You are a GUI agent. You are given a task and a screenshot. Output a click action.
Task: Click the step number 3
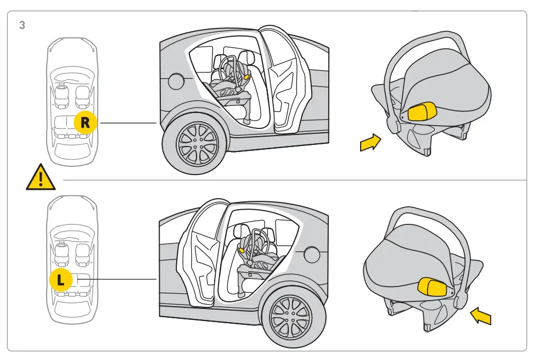pyautogui.click(x=22, y=25)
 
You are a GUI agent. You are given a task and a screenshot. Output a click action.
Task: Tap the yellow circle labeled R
pyautogui.click(x=85, y=123)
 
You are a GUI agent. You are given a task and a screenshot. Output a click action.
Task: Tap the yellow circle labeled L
pyautogui.click(x=61, y=279)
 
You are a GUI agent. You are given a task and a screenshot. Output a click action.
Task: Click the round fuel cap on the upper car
pyautogui.click(x=176, y=81)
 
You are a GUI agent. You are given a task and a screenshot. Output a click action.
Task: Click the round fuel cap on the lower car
pyautogui.click(x=312, y=255)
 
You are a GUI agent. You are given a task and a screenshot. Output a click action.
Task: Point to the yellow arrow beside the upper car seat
pyautogui.click(x=370, y=143)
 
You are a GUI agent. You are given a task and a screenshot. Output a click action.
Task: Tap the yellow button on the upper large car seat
pyautogui.click(x=422, y=111)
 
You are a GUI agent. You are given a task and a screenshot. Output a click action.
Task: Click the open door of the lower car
pyautogui.click(x=200, y=252)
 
